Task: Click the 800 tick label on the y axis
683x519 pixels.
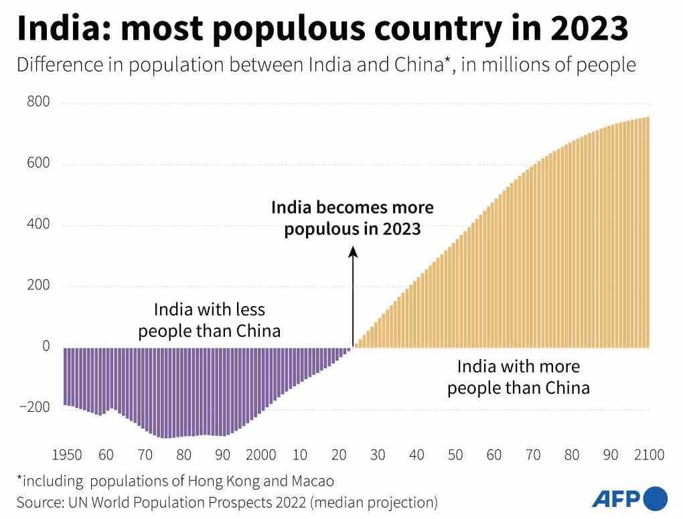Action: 38,102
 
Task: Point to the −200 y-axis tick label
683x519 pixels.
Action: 35,407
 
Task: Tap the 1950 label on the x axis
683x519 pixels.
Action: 66,455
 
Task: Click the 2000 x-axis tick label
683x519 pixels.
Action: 260,455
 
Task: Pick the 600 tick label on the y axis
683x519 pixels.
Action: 38,163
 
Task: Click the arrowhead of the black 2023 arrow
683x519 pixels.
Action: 354,252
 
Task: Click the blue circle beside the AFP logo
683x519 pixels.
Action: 656,498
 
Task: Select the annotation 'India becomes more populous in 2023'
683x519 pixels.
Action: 352,218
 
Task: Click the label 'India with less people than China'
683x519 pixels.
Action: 210,320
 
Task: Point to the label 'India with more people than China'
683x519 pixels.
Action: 518,377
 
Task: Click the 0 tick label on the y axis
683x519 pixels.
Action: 46,346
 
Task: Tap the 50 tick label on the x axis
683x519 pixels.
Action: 455,455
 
